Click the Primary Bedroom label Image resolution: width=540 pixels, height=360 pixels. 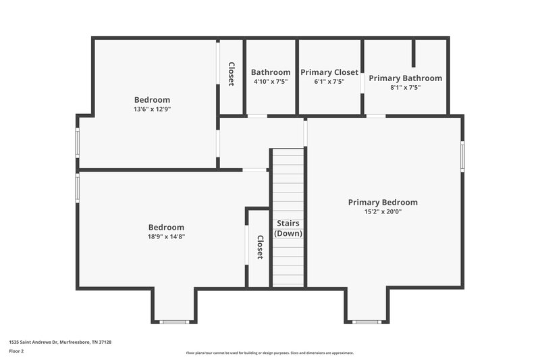tap(383, 202)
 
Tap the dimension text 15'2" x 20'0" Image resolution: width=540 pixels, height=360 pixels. tap(383, 211)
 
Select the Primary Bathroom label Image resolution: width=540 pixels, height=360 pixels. tap(406, 78)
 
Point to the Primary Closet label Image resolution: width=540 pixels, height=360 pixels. tap(329, 72)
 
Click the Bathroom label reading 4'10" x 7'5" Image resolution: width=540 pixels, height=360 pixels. tap(271, 72)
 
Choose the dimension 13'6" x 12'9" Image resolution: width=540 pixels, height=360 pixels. tap(152, 109)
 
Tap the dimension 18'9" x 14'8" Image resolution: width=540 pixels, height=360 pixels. tap(166, 236)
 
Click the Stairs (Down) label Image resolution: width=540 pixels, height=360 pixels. tap(288, 228)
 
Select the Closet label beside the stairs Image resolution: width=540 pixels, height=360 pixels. tap(259, 247)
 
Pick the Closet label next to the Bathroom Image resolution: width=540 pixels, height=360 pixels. tap(231, 74)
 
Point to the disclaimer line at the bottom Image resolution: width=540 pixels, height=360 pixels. tap(270, 353)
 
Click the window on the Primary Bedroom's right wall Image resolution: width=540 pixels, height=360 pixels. tap(462, 156)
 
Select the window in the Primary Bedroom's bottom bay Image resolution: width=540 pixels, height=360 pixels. tap(367, 322)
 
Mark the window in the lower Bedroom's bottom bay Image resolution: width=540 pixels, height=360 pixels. tap(173, 322)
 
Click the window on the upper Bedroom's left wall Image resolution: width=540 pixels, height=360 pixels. tap(78, 143)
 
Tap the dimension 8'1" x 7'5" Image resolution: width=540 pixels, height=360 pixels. tap(405, 87)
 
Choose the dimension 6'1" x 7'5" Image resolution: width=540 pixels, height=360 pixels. tap(329, 82)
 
